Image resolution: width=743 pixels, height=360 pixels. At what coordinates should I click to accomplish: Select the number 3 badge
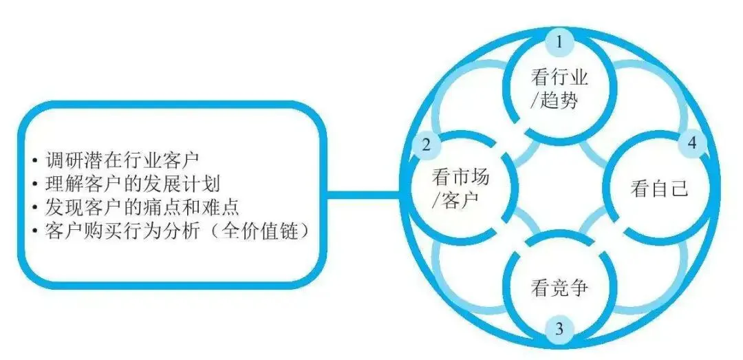tap(559, 329)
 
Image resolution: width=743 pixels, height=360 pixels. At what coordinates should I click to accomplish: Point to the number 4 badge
tap(692, 143)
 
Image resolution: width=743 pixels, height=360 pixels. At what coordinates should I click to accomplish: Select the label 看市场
tap(460, 178)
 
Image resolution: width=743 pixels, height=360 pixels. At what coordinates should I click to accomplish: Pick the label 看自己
tap(659, 189)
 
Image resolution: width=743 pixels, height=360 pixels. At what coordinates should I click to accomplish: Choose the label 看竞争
tap(559, 288)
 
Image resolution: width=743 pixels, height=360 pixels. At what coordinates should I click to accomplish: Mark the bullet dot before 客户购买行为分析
tap(35, 233)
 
